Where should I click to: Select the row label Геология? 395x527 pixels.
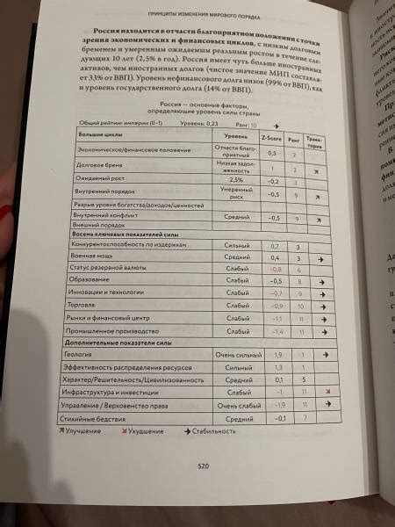point(77,353)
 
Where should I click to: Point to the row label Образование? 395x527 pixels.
point(91,280)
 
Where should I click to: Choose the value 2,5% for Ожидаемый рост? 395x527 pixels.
point(235,178)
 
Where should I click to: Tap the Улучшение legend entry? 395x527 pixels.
point(83,433)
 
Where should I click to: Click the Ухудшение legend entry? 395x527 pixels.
point(144,432)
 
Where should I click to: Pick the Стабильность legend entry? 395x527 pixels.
point(211,431)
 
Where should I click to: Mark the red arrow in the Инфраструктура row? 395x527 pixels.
point(327,392)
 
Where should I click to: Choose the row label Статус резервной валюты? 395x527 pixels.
point(104,268)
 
